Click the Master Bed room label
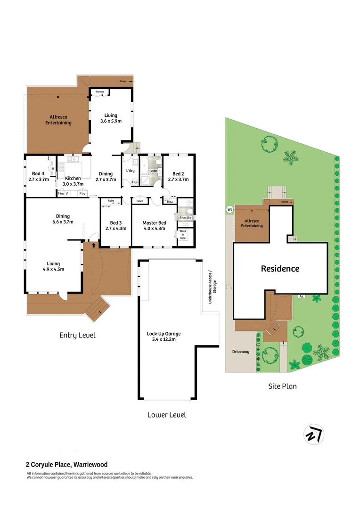coord(155,222)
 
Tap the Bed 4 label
coord(36,173)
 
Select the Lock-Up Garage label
coord(164,333)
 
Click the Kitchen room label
coord(73,178)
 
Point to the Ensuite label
coord(186,218)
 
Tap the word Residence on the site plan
coord(280,269)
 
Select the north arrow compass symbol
coord(312,434)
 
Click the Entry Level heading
coord(77,335)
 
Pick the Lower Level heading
coord(166,415)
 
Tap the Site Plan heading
coord(282,386)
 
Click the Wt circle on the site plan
coord(230,209)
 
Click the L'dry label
coord(131,170)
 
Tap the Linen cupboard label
coord(139,201)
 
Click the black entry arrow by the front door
coord(94,245)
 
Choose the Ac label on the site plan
coord(301,296)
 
